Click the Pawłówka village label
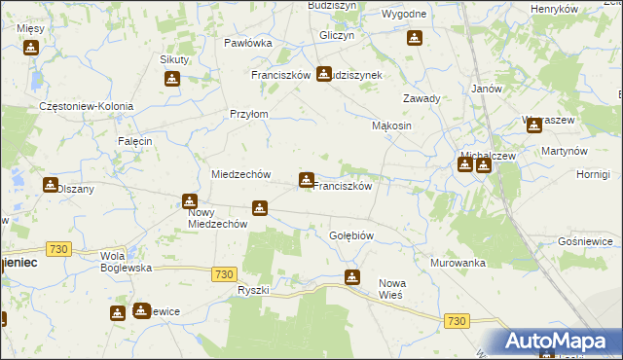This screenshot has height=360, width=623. click(x=247, y=43)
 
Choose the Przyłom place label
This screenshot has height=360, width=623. click(x=248, y=114)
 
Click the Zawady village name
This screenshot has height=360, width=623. click(x=422, y=98)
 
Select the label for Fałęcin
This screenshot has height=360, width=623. click(x=135, y=141)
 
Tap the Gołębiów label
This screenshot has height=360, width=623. click(x=351, y=235)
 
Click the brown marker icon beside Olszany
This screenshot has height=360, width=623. click(x=50, y=184)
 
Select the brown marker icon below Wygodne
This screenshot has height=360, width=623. click(x=415, y=39)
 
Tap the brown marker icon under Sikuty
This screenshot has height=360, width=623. click(x=172, y=80)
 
